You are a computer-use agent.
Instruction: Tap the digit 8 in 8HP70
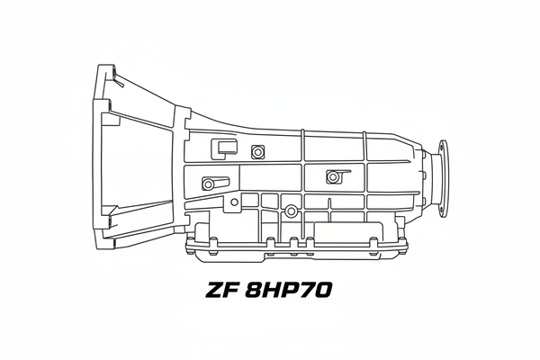255,290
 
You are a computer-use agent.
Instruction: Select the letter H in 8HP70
273,290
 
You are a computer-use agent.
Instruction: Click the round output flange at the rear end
443,178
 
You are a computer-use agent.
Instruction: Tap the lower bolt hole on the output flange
441,211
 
